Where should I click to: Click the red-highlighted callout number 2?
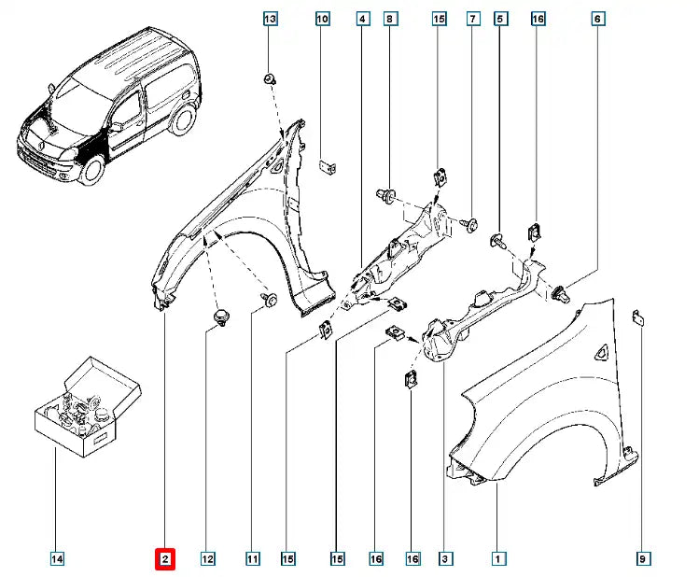[x=164, y=558]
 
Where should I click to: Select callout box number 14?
[x=57, y=558]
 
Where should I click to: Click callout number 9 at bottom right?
[x=643, y=558]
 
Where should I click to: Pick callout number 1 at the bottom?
[x=498, y=558]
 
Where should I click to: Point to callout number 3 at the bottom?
[x=445, y=558]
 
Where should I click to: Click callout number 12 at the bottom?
[x=207, y=558]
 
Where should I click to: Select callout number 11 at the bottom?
[x=252, y=558]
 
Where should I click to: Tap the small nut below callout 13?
[x=269, y=78]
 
